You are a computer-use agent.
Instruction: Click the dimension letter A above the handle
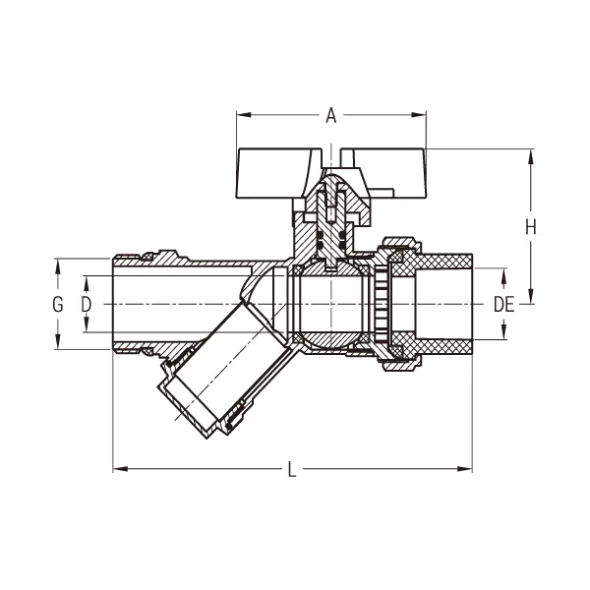(331, 117)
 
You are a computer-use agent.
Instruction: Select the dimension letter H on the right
(530, 227)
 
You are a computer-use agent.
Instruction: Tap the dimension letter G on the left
(57, 304)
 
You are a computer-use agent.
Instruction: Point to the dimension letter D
(87, 304)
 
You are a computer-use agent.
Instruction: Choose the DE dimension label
(503, 304)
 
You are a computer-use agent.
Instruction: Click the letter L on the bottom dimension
(292, 469)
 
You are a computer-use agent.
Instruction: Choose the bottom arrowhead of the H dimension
(530, 299)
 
